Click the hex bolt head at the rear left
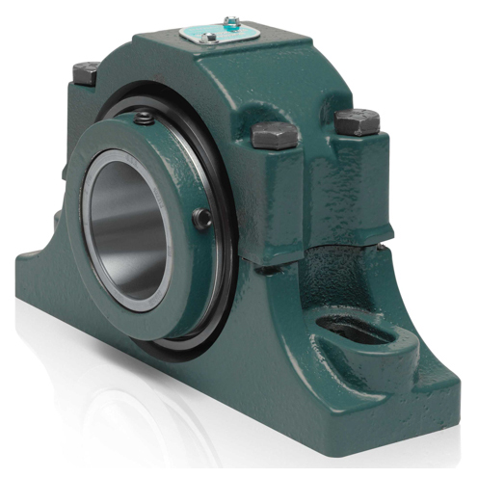click(x=86, y=70)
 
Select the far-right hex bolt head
click(x=356, y=120)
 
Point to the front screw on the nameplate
click(x=209, y=40)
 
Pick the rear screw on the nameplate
click(x=231, y=20)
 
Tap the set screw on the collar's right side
click(x=202, y=219)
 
